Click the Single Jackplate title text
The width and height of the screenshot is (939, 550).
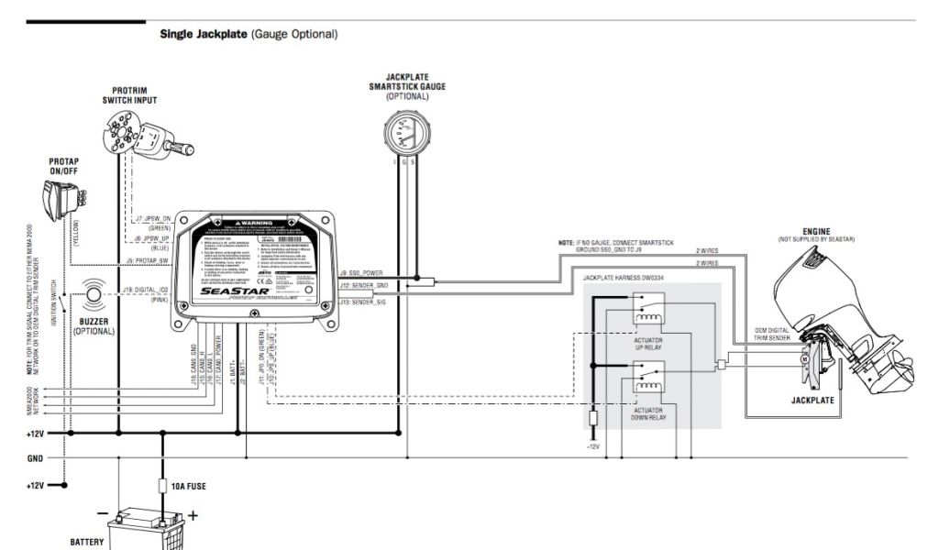(248, 34)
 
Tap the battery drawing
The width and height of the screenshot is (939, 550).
(147, 531)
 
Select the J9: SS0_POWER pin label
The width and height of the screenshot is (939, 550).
(360, 272)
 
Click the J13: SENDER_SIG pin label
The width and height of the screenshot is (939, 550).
(362, 300)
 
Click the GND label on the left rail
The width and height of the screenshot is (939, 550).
(36, 457)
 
